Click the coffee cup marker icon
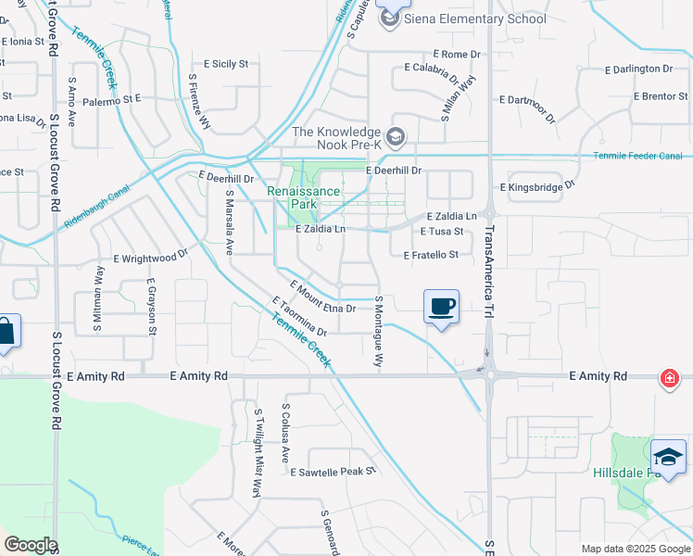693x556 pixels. point(442,306)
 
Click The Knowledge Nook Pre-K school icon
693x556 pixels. point(396,138)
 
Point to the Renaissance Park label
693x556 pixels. point(305,197)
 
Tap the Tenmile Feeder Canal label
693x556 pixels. point(637,156)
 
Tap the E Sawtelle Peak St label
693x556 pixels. point(333,472)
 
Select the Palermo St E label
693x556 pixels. point(110,98)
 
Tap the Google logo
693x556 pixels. point(31,545)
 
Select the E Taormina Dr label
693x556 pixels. point(300,316)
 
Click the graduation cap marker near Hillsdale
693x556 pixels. point(668,457)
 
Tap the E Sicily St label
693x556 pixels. point(224,64)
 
